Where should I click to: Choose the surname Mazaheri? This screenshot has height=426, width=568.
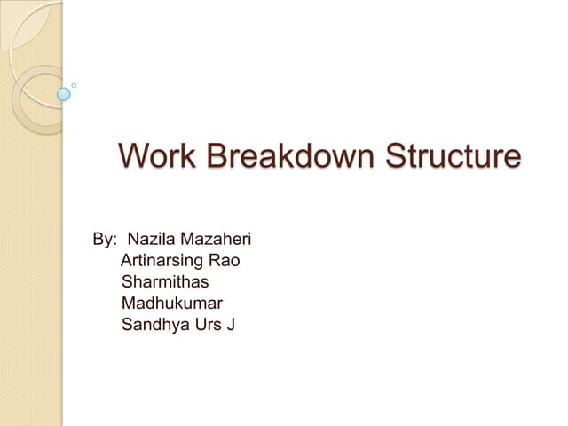click(217, 240)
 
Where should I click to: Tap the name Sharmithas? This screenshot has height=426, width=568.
click(165, 282)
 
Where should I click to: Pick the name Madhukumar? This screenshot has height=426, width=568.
click(172, 304)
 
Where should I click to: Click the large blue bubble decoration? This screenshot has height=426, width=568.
click(63, 93)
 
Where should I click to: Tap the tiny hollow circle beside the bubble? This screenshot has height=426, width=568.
click(74, 85)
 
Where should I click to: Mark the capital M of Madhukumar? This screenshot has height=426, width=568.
click(128, 304)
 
